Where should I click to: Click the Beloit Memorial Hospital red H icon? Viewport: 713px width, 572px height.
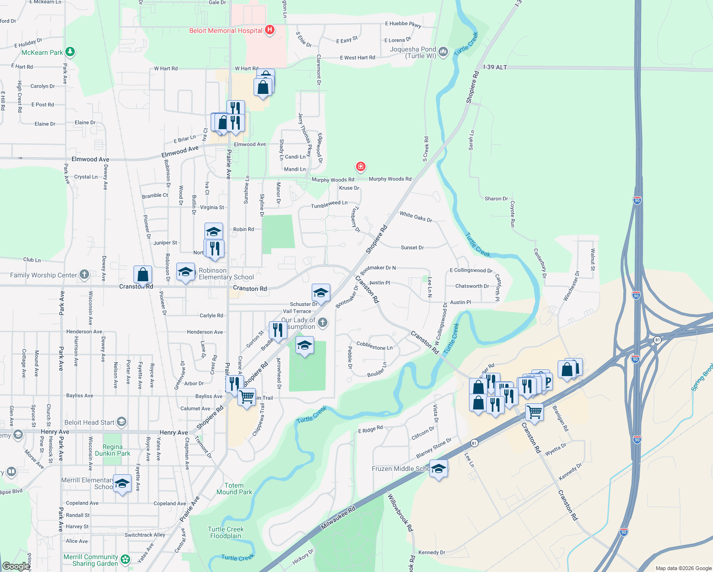(270, 30)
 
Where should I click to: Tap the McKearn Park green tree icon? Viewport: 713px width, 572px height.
(70, 51)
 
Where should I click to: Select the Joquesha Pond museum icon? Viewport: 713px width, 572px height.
(443, 51)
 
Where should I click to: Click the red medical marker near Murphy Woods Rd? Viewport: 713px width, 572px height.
(360, 166)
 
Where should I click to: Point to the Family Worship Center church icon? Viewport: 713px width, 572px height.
(84, 274)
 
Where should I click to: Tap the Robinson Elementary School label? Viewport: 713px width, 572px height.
(226, 274)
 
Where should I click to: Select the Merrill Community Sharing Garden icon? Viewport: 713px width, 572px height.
(125, 559)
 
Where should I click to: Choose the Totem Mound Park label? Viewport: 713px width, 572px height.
(234, 489)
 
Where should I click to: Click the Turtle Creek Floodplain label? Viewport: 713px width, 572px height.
(226, 532)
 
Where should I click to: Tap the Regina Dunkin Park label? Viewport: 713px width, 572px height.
(112, 450)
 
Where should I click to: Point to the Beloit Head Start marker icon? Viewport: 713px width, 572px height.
(122, 421)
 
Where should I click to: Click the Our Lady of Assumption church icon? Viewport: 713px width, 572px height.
(323, 323)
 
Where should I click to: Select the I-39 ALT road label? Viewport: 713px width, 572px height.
(495, 67)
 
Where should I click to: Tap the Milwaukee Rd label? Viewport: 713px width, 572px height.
(338, 518)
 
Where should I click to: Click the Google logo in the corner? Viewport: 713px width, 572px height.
(16, 566)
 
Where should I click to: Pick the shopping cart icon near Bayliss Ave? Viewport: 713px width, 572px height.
(246, 397)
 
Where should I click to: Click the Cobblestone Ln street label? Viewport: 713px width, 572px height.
(375, 346)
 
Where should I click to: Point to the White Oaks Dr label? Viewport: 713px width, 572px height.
(416, 217)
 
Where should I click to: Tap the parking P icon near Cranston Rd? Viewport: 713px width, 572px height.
(547, 382)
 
